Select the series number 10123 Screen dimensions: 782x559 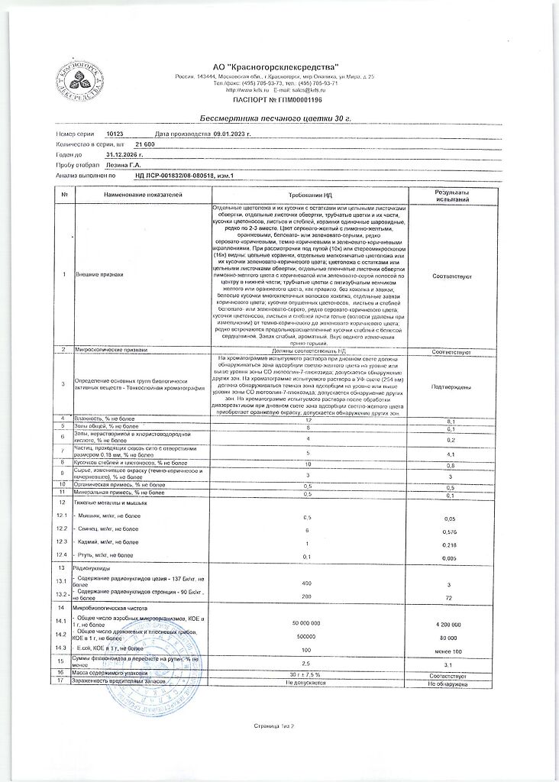click(x=115, y=133)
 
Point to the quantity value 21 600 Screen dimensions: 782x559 click(x=145, y=144)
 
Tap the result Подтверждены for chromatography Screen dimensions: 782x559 click(x=451, y=387)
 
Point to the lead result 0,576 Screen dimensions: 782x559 click(x=451, y=532)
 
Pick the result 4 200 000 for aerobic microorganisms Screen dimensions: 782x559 click(x=451, y=624)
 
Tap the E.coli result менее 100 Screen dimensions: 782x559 click(x=451, y=651)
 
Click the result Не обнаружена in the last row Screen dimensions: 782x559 click(x=451, y=685)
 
